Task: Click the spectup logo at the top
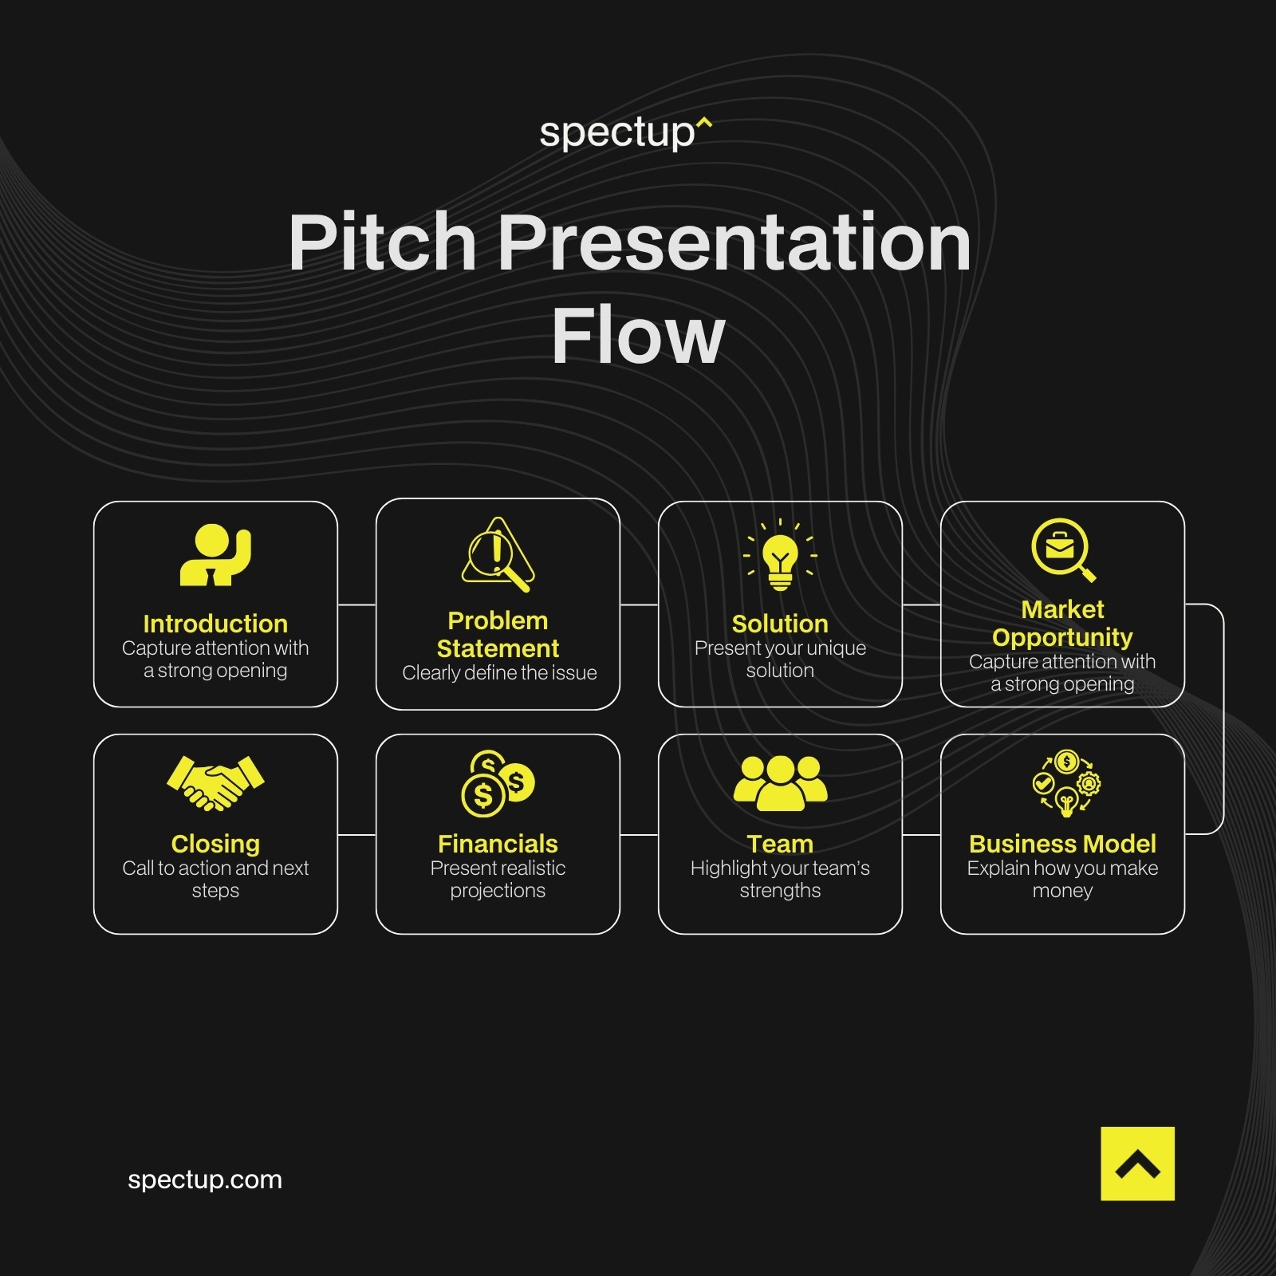click(x=624, y=132)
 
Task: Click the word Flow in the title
click(x=638, y=337)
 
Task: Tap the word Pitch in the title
click(x=382, y=242)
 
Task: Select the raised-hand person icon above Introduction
click(x=215, y=554)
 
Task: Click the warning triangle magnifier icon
click(x=498, y=554)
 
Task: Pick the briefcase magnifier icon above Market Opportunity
click(x=1062, y=549)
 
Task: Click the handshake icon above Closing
click(x=215, y=782)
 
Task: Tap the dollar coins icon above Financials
click(x=498, y=783)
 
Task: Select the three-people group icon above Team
click(x=780, y=782)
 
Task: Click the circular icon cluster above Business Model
click(x=1066, y=782)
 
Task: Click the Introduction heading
click(x=215, y=624)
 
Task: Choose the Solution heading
click(x=780, y=624)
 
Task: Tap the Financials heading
click(x=498, y=844)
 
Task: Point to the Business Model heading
click(x=1062, y=844)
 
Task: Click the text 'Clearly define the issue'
click(x=499, y=673)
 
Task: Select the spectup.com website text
click(x=205, y=1180)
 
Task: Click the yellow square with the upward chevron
click(x=1137, y=1164)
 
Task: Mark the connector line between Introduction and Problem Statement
click(x=356, y=605)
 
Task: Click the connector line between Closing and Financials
click(x=356, y=835)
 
